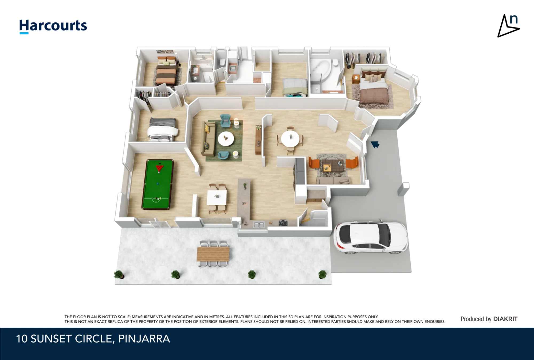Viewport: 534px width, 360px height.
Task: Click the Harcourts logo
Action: tap(53, 26)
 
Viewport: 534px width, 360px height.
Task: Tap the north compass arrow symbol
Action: tap(508, 26)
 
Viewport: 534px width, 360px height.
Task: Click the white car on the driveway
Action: tap(371, 237)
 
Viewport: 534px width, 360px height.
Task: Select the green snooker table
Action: tap(158, 185)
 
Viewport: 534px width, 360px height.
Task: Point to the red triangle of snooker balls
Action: tap(160, 168)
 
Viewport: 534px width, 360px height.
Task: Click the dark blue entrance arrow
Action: tap(375, 144)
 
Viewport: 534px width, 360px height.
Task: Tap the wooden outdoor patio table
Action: tap(213, 254)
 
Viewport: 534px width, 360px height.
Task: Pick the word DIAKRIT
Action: tap(505, 319)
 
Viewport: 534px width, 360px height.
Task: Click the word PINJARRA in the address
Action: tap(144, 339)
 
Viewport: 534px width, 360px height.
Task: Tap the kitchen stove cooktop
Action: tap(283, 223)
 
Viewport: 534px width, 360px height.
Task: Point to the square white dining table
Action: tap(217, 197)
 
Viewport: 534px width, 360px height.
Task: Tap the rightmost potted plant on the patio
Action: tap(323, 274)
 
